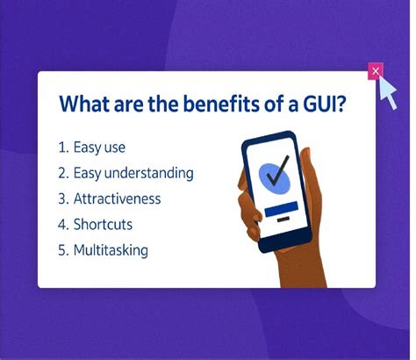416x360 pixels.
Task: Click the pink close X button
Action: coord(376,70)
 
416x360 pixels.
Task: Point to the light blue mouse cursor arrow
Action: coord(387,90)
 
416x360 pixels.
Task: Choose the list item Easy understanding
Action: coord(133,173)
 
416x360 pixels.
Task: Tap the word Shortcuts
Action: coord(104,224)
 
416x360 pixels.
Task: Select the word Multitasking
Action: coord(111,249)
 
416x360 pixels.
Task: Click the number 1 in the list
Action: coord(63,148)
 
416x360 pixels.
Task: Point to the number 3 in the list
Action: coord(63,198)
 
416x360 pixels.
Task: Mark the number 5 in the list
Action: coord(63,249)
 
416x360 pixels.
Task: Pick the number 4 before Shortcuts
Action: coord(63,224)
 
